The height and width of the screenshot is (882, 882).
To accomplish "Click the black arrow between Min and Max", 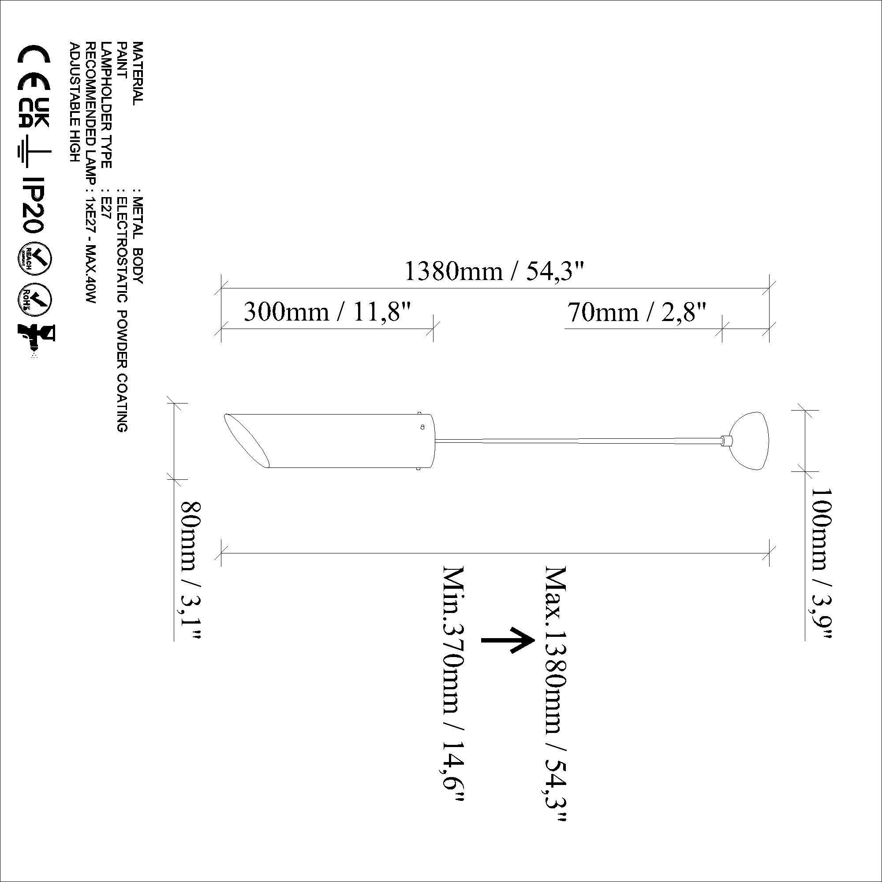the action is [x=508, y=640].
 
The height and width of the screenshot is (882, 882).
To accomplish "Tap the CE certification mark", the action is [x=34, y=67].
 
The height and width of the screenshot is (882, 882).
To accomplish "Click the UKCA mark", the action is [x=34, y=112].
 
